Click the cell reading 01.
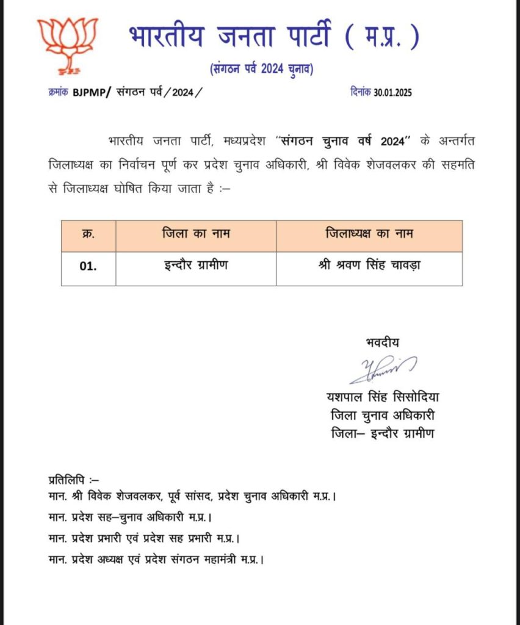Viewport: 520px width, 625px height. click(88, 267)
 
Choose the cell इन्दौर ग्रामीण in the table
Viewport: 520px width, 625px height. click(196, 267)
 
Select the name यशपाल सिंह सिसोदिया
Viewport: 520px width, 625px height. click(383, 398)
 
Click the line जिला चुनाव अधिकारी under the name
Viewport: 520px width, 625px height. click(383, 416)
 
